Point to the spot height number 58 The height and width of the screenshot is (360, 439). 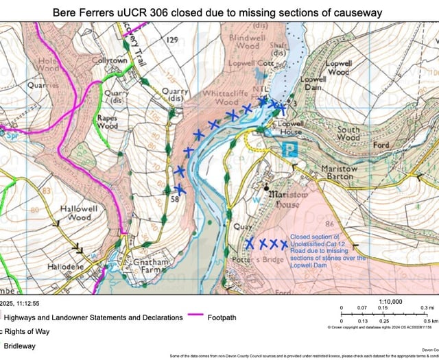(176, 199)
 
